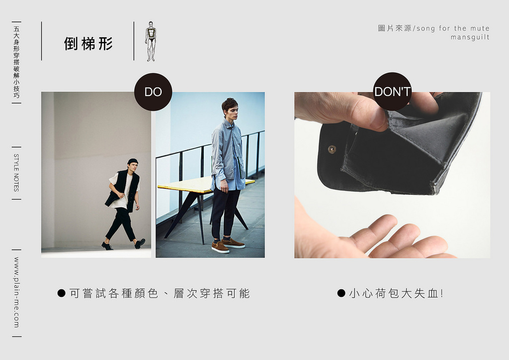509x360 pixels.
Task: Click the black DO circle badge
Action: click(153, 92)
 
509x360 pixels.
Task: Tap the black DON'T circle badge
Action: click(393, 91)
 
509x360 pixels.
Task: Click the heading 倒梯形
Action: click(88, 43)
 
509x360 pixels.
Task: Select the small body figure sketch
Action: click(150, 41)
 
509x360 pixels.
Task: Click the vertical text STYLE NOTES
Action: click(16, 173)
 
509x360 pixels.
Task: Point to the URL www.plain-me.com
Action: click(16, 292)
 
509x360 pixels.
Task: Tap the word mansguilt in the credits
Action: click(470, 37)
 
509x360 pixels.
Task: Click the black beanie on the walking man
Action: click(132, 161)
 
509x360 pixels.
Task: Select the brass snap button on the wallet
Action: click(332, 149)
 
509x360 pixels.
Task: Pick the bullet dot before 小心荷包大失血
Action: click(341, 293)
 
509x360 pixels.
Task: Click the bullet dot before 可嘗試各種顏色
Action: click(61, 293)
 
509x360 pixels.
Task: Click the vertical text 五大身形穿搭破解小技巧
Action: click(16, 62)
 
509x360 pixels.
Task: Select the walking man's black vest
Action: click(123, 189)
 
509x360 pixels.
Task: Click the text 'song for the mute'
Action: click(452, 28)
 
